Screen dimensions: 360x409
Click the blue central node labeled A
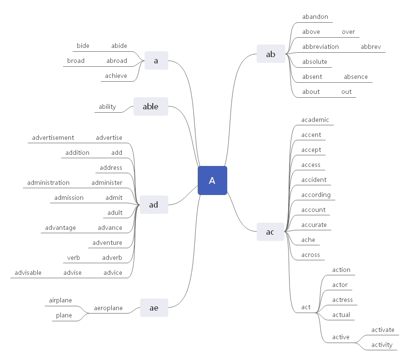[x=212, y=180]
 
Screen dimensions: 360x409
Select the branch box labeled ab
[x=271, y=54]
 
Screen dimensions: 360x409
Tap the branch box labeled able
[x=150, y=106]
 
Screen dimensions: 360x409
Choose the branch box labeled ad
[x=153, y=205]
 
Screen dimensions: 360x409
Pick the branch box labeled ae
[x=154, y=308]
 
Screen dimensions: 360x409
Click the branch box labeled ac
[x=270, y=232]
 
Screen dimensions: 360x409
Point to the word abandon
[x=315, y=17]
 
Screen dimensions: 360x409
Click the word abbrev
[x=371, y=47]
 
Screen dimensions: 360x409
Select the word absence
[x=355, y=77]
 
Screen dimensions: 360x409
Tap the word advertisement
[x=53, y=138]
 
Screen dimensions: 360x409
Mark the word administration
[x=48, y=183]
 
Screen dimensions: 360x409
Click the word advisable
[x=29, y=273]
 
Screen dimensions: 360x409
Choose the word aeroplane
[x=108, y=308]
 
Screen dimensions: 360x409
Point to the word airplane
[x=60, y=300]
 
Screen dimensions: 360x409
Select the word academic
[x=315, y=120]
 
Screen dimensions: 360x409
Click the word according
[x=316, y=195]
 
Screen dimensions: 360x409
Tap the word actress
[x=342, y=300]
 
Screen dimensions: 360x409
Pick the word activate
[x=383, y=330]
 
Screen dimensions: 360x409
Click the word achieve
[x=116, y=76]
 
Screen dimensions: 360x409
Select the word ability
[x=107, y=107]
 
